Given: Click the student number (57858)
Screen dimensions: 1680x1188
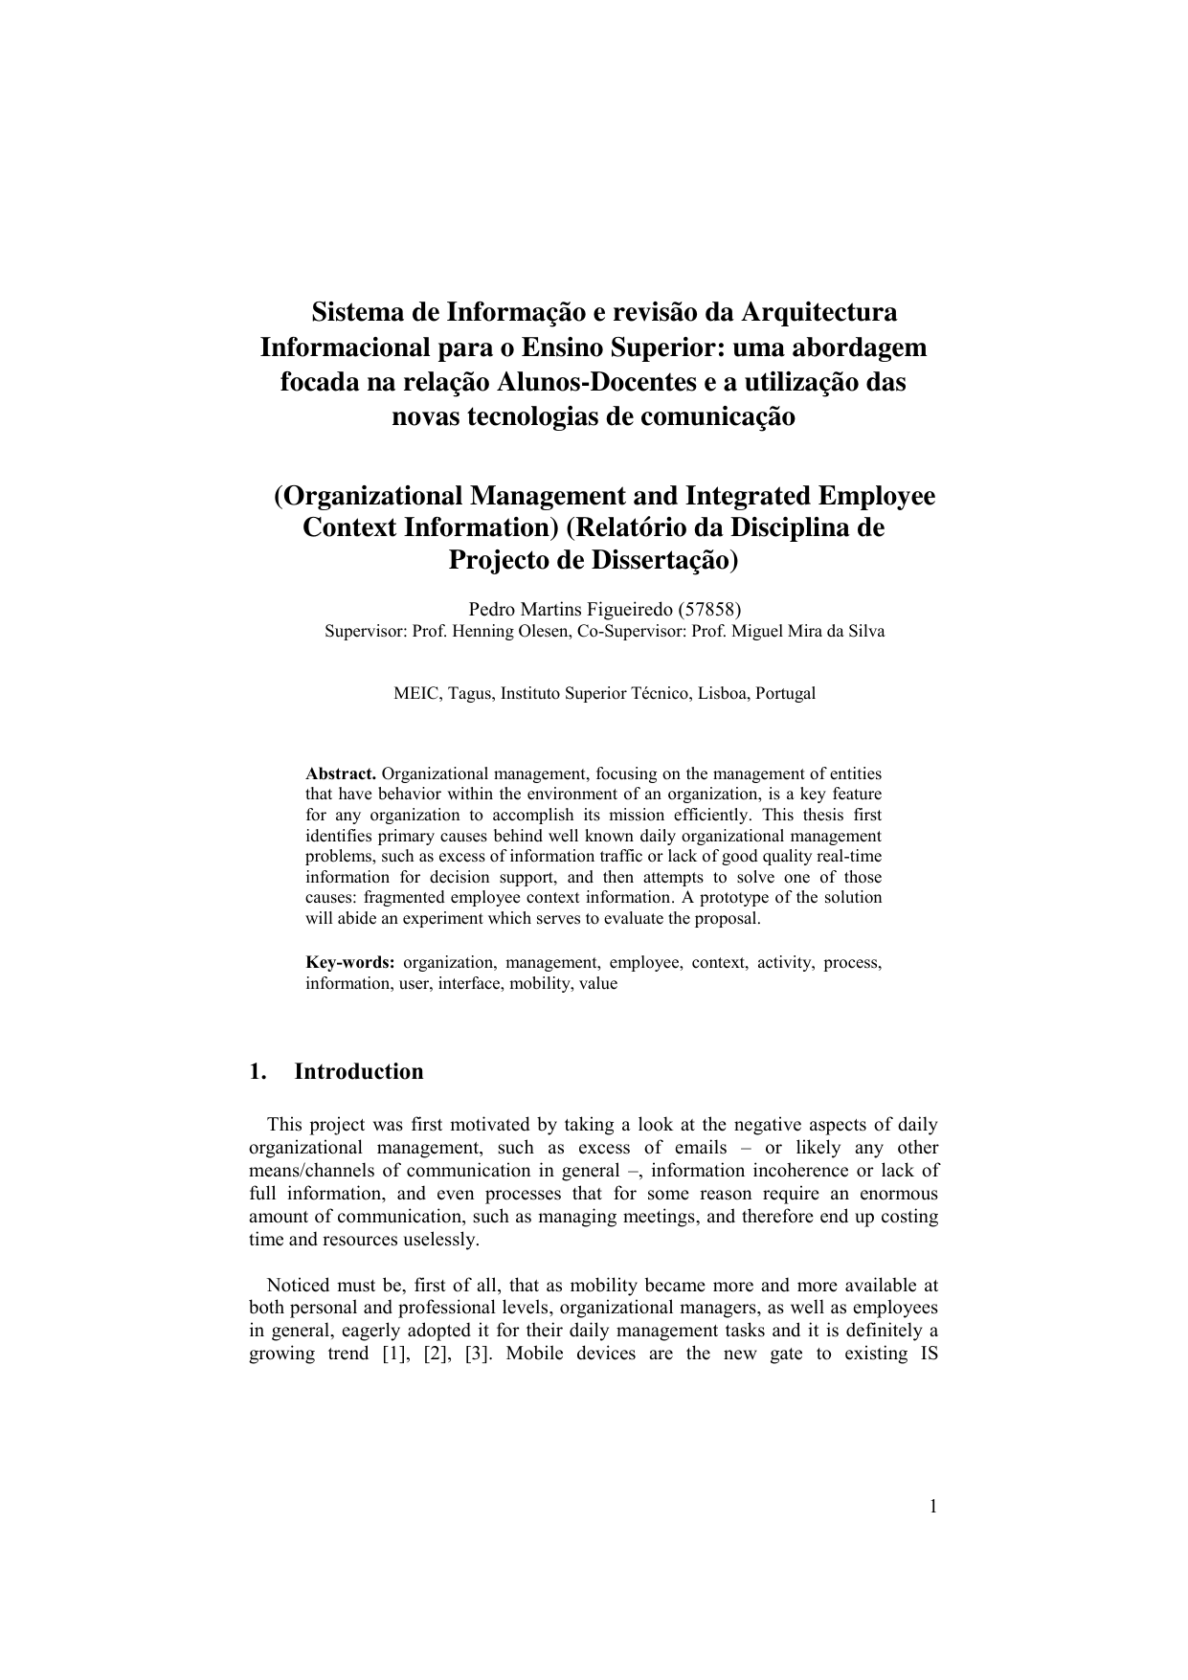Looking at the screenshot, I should [709, 609].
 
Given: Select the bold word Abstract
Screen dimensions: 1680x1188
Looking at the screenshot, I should [340, 773].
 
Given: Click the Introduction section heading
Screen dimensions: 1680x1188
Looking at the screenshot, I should [358, 1071].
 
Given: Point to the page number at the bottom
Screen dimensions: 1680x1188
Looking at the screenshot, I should [932, 1508].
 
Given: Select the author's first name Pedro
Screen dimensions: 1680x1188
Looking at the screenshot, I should [489, 609].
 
